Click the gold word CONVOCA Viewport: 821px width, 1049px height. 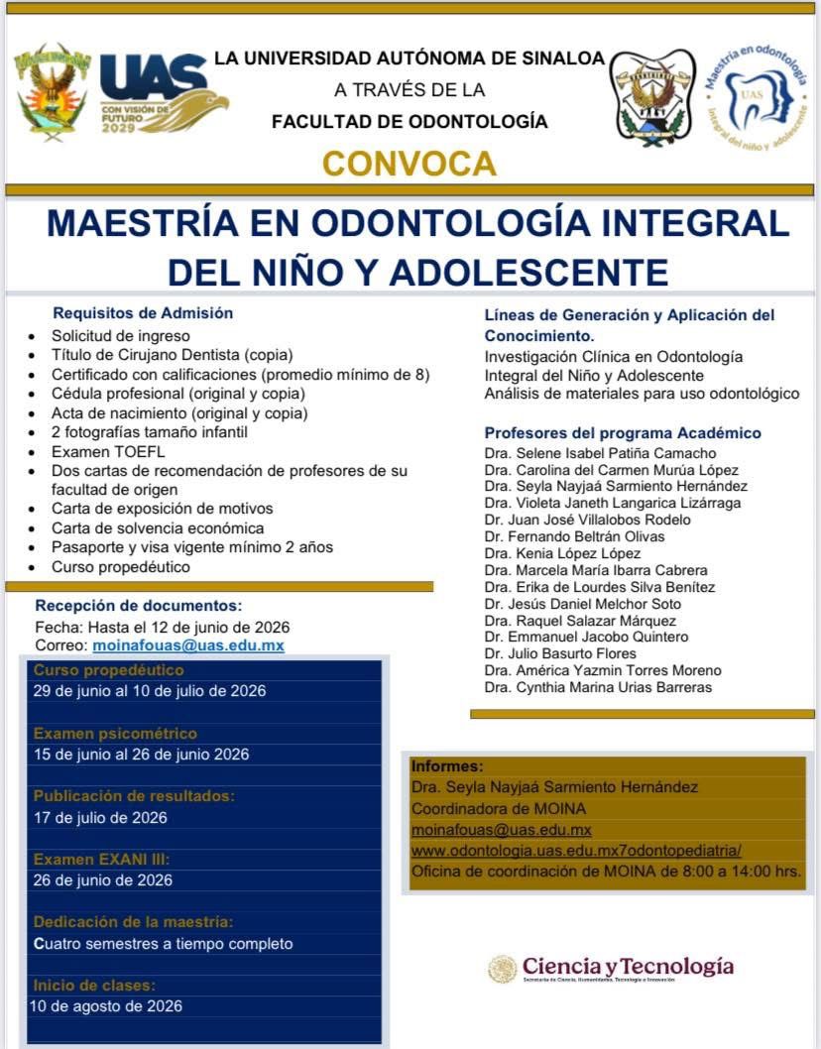[x=410, y=162]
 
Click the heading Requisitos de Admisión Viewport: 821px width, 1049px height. [x=143, y=313]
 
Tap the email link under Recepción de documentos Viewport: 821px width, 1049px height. [x=188, y=645]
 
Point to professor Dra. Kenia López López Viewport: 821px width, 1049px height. [x=562, y=553]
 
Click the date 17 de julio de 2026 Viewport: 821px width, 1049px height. [x=100, y=818]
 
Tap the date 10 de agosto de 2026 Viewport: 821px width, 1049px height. [x=106, y=1006]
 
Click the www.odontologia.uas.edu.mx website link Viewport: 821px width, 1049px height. [x=576, y=851]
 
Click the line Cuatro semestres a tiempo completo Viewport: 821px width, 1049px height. [x=164, y=944]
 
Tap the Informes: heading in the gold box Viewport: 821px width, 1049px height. [x=447, y=766]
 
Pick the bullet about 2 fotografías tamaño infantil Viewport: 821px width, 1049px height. [x=150, y=432]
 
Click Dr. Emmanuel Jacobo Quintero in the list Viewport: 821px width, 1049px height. [x=586, y=637]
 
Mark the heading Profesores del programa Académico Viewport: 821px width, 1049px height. [x=623, y=433]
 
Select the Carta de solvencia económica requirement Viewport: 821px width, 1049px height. [x=158, y=527]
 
